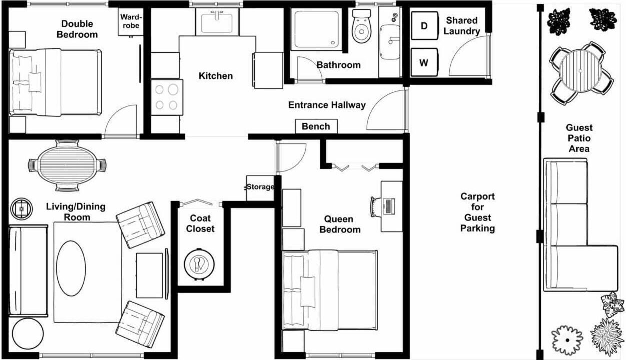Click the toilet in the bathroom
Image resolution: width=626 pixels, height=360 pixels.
pyautogui.click(x=362, y=26)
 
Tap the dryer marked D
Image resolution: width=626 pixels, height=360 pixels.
pyautogui.click(x=424, y=26)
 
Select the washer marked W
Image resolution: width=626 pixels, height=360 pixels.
pyautogui.click(x=424, y=62)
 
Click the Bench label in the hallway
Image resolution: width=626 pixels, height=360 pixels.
pyautogui.click(x=316, y=127)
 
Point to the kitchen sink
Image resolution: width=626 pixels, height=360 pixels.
pyautogui.click(x=217, y=22)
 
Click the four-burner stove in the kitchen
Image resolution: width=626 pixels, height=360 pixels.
pyautogui.click(x=167, y=97)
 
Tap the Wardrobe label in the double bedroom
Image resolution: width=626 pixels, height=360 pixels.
pyautogui.click(x=131, y=21)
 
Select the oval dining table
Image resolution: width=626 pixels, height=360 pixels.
pyautogui.click(x=67, y=165)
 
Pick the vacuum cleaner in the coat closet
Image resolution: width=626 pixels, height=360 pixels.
pyautogui.click(x=199, y=264)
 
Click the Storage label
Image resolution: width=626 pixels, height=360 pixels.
pyautogui.click(x=260, y=187)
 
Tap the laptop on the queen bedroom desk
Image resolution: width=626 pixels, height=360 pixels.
pyautogui.click(x=389, y=206)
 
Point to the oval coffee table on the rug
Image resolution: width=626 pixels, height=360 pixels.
pyautogui.click(x=71, y=268)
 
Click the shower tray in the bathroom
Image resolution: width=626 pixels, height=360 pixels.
pyautogui.click(x=316, y=29)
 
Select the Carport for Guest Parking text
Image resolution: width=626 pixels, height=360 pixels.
pyautogui.click(x=477, y=212)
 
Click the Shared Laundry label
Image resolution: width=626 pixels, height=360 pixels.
pyautogui.click(x=462, y=26)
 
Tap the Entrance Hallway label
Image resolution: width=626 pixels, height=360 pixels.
pyautogui.click(x=327, y=105)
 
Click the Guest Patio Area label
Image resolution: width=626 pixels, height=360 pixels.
pyautogui.click(x=579, y=138)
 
